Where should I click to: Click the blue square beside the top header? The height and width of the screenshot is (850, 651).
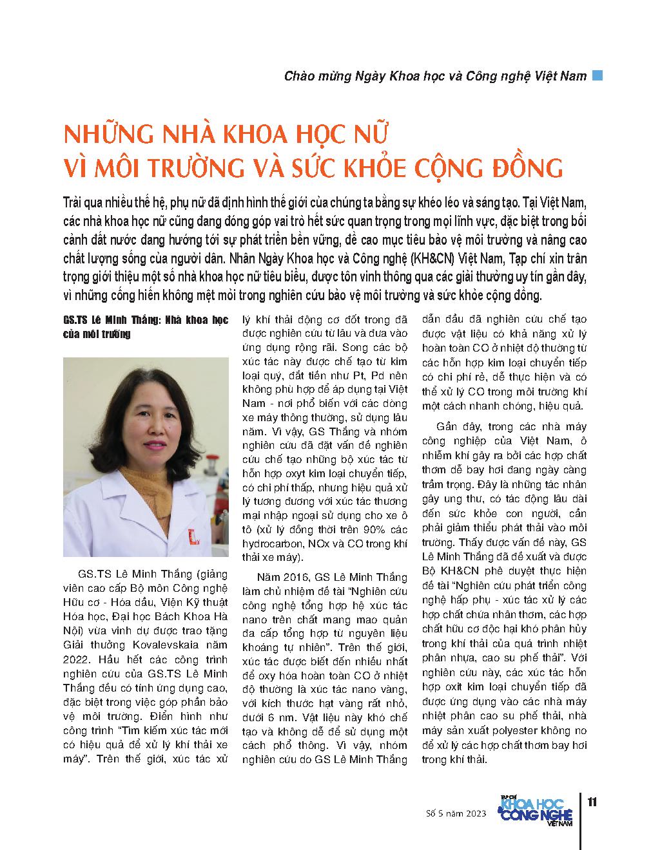tap(598, 75)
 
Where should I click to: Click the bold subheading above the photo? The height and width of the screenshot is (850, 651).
tap(146, 327)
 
